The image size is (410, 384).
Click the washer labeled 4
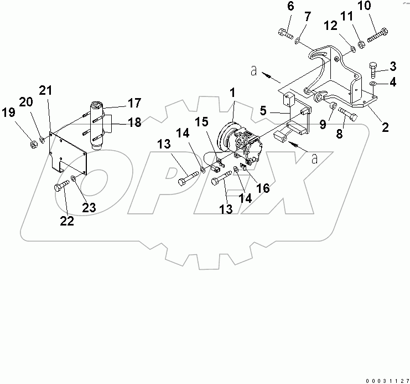(374, 84)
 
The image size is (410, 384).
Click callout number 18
(134, 122)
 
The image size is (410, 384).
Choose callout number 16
(263, 188)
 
